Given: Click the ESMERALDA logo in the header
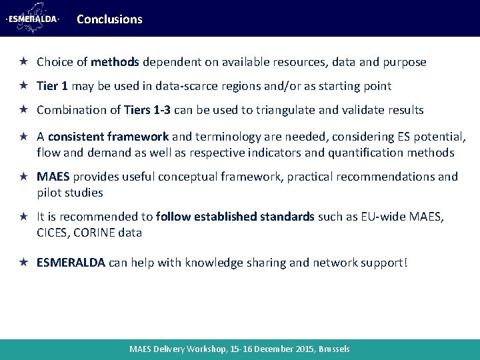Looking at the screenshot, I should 32,18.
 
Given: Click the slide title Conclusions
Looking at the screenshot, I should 109,19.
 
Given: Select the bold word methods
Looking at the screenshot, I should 114,62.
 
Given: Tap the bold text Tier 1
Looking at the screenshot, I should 53,86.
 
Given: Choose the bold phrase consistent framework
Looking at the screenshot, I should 108,137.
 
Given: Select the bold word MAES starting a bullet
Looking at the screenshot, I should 53,177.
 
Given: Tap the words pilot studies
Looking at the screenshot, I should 70,193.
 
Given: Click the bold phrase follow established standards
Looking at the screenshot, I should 235,217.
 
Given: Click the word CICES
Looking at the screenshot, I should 53,233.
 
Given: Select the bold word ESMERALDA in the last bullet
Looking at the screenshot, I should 71,262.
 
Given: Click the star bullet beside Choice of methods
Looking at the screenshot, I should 22,62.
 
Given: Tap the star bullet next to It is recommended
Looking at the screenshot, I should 22,217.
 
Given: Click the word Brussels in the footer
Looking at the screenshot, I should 334,349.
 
